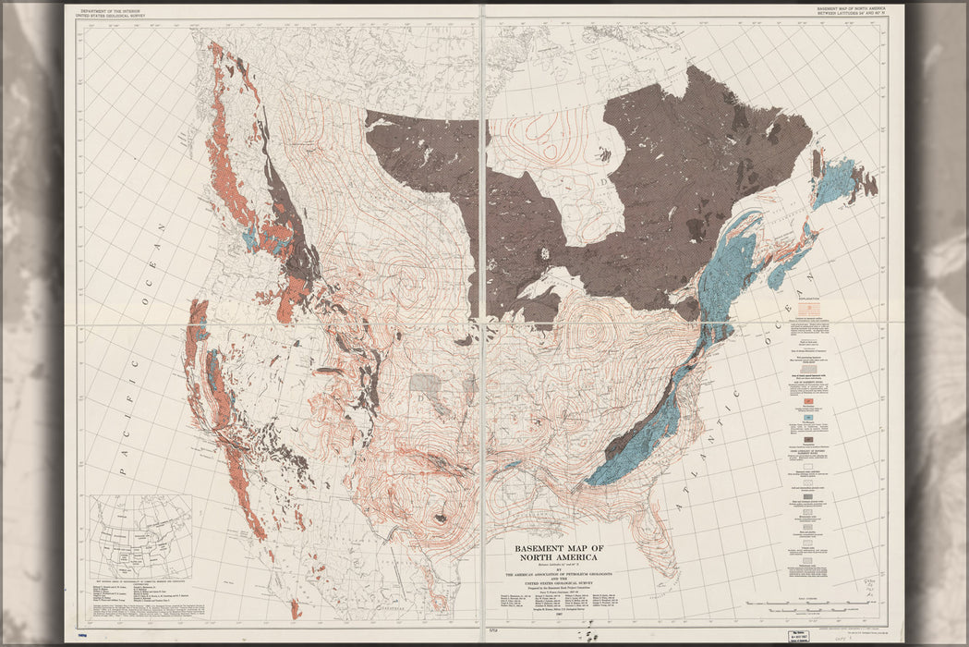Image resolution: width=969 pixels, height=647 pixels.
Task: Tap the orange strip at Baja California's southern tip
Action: (295, 609)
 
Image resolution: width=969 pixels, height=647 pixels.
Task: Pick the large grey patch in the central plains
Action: (426, 384)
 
